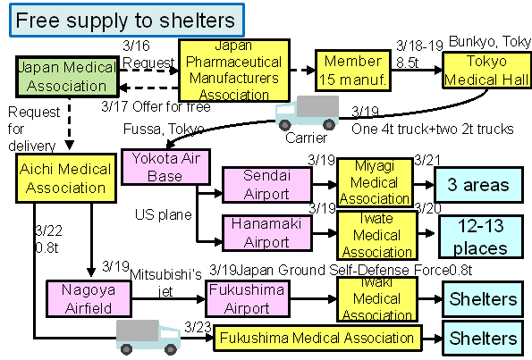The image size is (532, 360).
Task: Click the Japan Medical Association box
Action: click(x=68, y=77)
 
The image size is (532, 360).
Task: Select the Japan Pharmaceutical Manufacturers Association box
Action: click(x=234, y=71)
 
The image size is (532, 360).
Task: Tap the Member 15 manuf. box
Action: click(x=353, y=71)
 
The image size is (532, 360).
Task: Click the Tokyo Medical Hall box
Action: click(x=487, y=71)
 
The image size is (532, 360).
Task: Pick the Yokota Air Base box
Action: click(x=165, y=167)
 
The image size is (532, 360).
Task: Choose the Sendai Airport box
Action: click(x=267, y=185)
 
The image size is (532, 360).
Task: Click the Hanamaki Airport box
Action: click(x=267, y=233)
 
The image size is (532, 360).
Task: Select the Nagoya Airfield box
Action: click(x=89, y=298)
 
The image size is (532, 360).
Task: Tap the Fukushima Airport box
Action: click(x=248, y=298)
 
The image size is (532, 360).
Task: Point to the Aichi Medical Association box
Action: click(x=66, y=179)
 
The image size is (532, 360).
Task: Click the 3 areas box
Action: click(x=478, y=185)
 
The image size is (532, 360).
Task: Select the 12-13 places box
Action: click(x=481, y=237)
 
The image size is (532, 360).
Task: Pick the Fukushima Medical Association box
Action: click(x=317, y=338)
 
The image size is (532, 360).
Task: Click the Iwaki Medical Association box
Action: click(x=377, y=299)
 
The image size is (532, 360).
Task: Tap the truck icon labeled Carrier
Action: click(x=308, y=113)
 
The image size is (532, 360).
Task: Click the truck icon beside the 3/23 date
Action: click(x=148, y=337)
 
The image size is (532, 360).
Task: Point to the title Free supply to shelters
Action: click(x=127, y=20)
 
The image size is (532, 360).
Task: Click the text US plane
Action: click(x=164, y=214)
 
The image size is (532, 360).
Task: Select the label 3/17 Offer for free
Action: click(x=156, y=106)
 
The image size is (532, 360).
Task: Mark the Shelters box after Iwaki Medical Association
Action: click(x=483, y=299)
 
